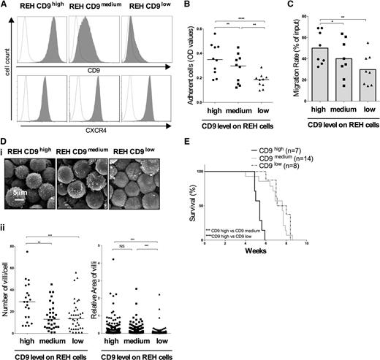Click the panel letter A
pyautogui.click(x=5, y=5)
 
